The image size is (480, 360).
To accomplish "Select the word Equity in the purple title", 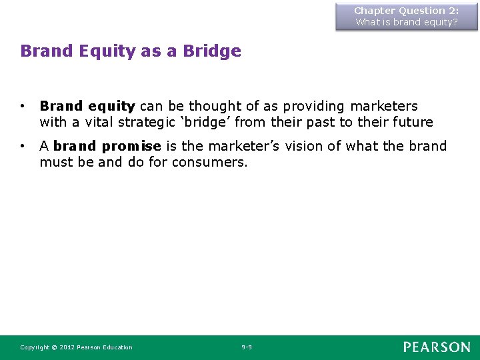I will [x=107, y=51].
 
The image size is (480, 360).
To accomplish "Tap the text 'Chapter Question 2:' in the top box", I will [x=406, y=11].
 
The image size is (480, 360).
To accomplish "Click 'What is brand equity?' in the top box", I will [x=406, y=22].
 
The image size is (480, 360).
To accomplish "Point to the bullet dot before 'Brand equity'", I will [x=23, y=106].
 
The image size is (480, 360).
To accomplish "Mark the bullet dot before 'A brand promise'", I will [x=23, y=146].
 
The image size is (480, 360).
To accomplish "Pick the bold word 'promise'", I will [x=131, y=146].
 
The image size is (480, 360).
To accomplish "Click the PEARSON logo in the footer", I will [x=436, y=347].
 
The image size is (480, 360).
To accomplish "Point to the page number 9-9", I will [x=247, y=347].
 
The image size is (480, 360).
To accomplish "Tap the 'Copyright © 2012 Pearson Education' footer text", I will [x=76, y=347].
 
